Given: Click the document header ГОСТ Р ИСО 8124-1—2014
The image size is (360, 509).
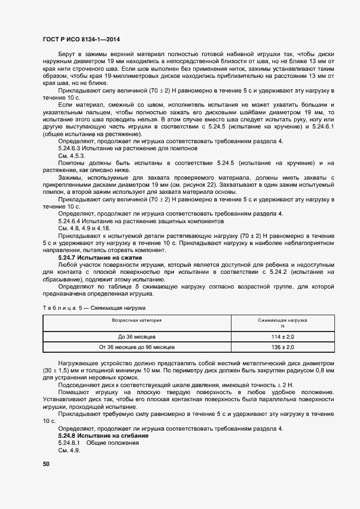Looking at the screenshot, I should [81, 40].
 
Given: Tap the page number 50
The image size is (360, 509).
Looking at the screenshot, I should [46, 464].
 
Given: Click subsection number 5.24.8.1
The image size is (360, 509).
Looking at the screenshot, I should [69, 443].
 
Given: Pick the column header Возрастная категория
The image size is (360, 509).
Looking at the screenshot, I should [137, 321].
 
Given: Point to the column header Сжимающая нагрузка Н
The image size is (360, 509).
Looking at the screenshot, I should [283, 323].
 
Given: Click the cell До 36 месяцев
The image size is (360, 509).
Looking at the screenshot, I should [137, 337].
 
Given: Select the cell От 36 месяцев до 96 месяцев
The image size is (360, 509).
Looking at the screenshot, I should [137, 347].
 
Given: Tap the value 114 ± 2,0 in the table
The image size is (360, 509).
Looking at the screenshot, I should [283, 337].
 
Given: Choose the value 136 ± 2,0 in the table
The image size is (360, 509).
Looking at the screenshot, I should [283, 347].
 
